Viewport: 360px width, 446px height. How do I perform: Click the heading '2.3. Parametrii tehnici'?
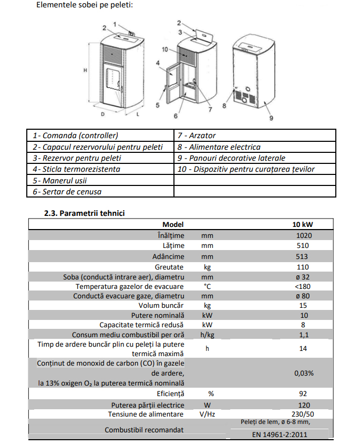tap(84, 213)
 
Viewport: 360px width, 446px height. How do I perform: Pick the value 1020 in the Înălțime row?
tap(304, 235)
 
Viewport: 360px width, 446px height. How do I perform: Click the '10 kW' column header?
tap(303, 224)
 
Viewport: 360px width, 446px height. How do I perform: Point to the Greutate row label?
tap(169, 267)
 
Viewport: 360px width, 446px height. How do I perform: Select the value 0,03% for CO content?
tap(304, 373)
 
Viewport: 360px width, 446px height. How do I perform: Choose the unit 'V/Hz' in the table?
tap(207, 414)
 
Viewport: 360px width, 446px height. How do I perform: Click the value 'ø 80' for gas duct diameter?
tap(303, 296)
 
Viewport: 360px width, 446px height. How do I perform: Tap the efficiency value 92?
tap(303, 393)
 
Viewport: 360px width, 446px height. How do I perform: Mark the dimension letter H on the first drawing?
tap(85, 70)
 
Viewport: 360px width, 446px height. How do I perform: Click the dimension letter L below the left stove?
tap(138, 115)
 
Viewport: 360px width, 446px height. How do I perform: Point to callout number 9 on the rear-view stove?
tap(271, 118)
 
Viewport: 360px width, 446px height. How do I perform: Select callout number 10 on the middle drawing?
tap(165, 49)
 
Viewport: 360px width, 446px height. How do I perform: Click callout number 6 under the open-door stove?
tap(176, 116)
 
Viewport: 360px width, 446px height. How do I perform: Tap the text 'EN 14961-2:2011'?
tap(276, 434)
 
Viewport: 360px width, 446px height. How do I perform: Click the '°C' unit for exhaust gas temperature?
tap(207, 286)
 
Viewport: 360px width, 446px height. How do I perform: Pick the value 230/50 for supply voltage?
tap(303, 414)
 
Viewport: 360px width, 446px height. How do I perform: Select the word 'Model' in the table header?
tap(173, 224)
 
